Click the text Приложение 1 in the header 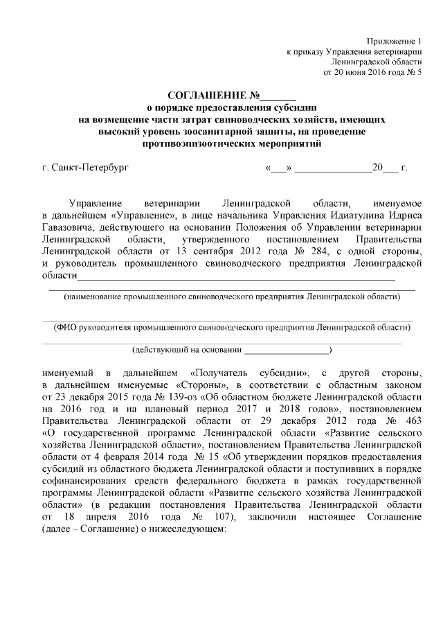pyautogui.click(x=395, y=42)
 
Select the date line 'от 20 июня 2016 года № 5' pyautogui.click(x=372, y=71)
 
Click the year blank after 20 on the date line pyautogui.click(x=390, y=169)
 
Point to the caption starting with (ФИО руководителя pyautogui.click(x=230, y=326)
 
